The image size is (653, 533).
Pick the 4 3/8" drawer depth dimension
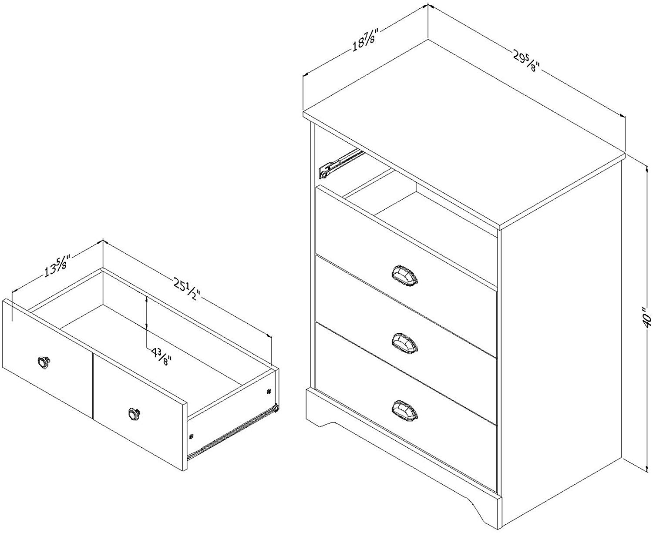click(x=162, y=356)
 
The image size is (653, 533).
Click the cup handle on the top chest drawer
click(x=404, y=275)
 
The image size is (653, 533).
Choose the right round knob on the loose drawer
click(x=135, y=413)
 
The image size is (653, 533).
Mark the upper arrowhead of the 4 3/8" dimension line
click(x=146, y=298)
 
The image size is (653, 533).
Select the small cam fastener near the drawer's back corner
click(x=269, y=391)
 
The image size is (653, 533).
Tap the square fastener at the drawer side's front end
click(x=191, y=437)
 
